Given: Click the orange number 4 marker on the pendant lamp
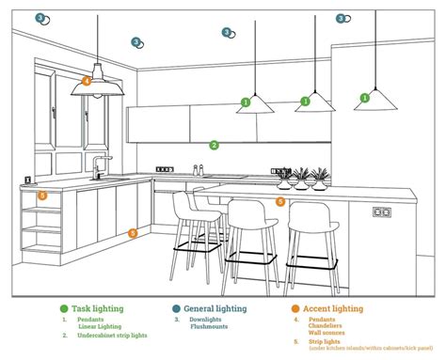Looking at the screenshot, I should click(x=87, y=81).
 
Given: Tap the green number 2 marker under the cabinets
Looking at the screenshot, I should click(x=215, y=145).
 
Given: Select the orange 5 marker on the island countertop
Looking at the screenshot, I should click(x=280, y=201).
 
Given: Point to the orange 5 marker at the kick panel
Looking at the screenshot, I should click(x=133, y=232).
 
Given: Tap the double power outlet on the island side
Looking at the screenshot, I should click(x=381, y=211).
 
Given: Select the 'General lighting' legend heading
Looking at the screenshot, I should click(x=215, y=308).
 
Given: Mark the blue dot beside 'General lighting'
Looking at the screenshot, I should click(x=176, y=308).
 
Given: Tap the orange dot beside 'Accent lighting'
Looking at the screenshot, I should click(x=295, y=308).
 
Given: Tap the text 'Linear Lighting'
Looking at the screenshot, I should click(x=102, y=326).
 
